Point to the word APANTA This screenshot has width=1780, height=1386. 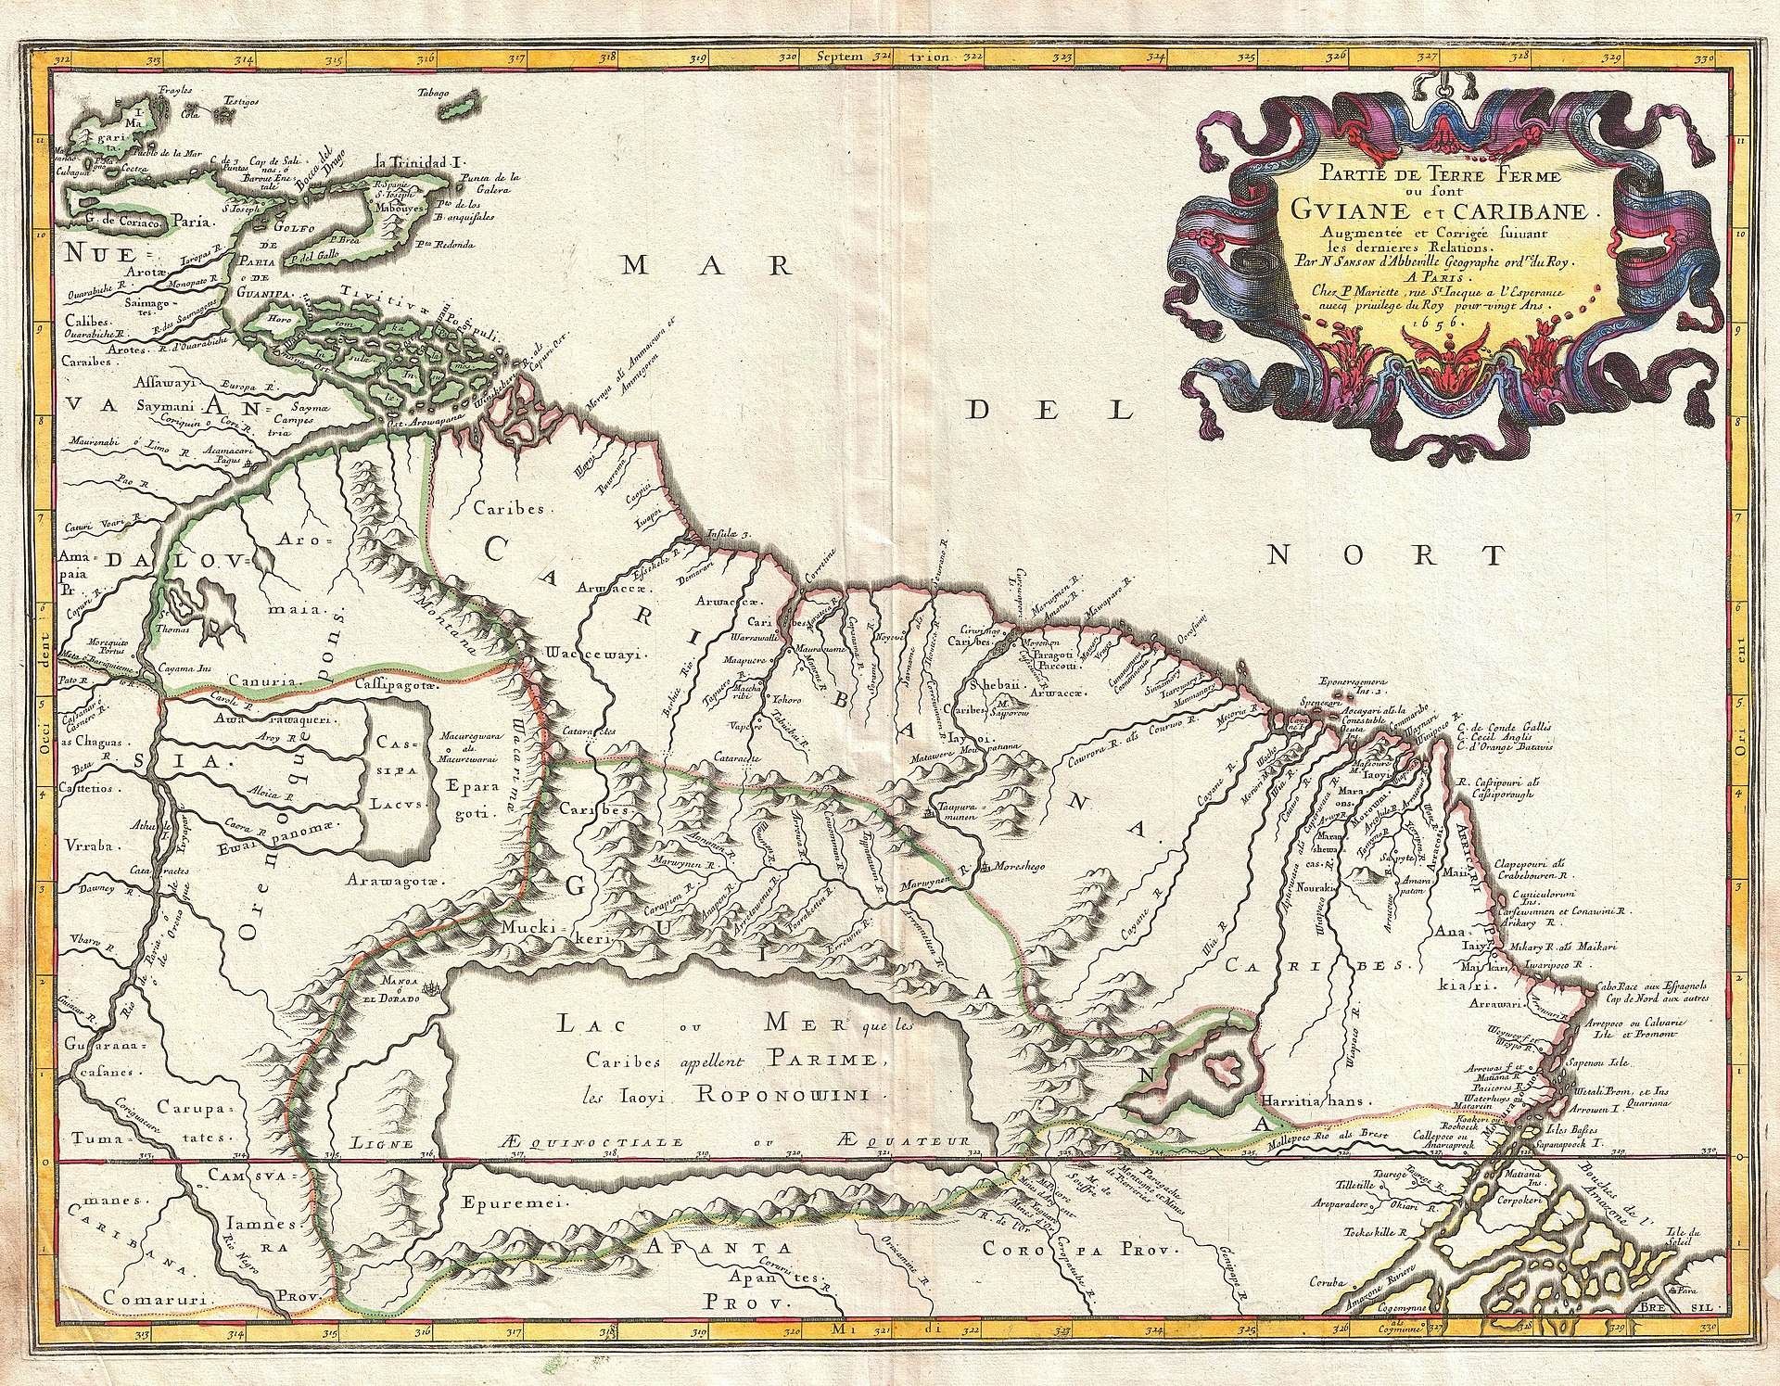pos(706,1246)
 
